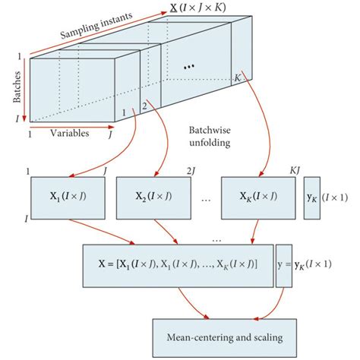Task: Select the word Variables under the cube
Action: click(70, 133)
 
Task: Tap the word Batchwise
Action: click(208, 129)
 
